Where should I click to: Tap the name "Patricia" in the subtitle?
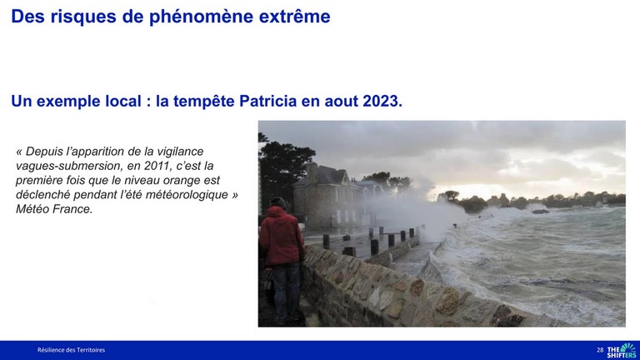click(x=267, y=101)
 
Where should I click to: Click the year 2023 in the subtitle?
click(x=382, y=101)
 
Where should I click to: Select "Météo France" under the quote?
click(x=54, y=209)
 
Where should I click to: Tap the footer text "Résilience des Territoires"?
click(x=71, y=350)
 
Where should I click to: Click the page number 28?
click(x=600, y=350)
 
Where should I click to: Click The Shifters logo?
click(x=621, y=350)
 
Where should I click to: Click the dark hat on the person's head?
click(x=278, y=202)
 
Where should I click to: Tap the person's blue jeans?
click(x=287, y=290)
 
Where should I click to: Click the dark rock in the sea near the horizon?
click(x=540, y=212)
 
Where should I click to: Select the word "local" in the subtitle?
click(x=123, y=101)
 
